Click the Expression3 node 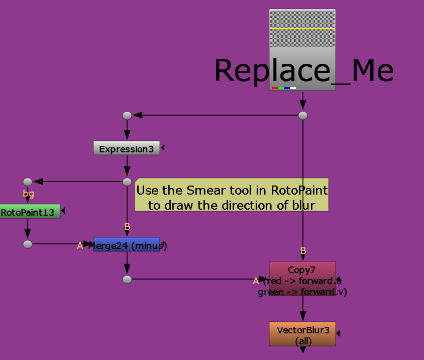[x=126, y=148]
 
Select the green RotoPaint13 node [x=30, y=211]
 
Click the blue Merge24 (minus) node [x=126, y=244]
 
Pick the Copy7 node [x=302, y=278]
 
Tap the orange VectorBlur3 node [x=302, y=334]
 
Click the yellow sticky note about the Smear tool [x=232, y=195]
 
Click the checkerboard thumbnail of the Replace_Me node [x=302, y=28]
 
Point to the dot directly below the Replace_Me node [x=303, y=116]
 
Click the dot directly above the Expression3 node [x=127, y=116]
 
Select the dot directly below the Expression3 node [x=127, y=182]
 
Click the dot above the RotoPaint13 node [x=28, y=182]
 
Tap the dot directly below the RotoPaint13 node [x=28, y=244]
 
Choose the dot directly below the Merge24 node [x=127, y=280]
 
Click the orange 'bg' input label [x=29, y=194]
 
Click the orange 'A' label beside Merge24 [x=80, y=246]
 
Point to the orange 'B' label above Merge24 [x=128, y=227]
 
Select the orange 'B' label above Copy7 [x=303, y=251]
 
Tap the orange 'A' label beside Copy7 [x=256, y=281]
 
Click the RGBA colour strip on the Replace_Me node [x=284, y=88]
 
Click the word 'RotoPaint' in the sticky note [x=299, y=190]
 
